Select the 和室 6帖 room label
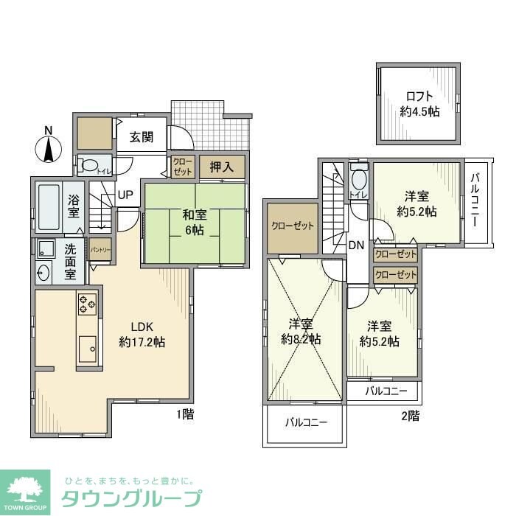point(194,222)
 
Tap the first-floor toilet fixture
point(91,166)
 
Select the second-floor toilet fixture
point(359,179)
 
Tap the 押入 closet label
point(221,167)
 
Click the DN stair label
point(356,245)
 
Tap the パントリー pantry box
point(100,250)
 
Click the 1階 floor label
point(185,415)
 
